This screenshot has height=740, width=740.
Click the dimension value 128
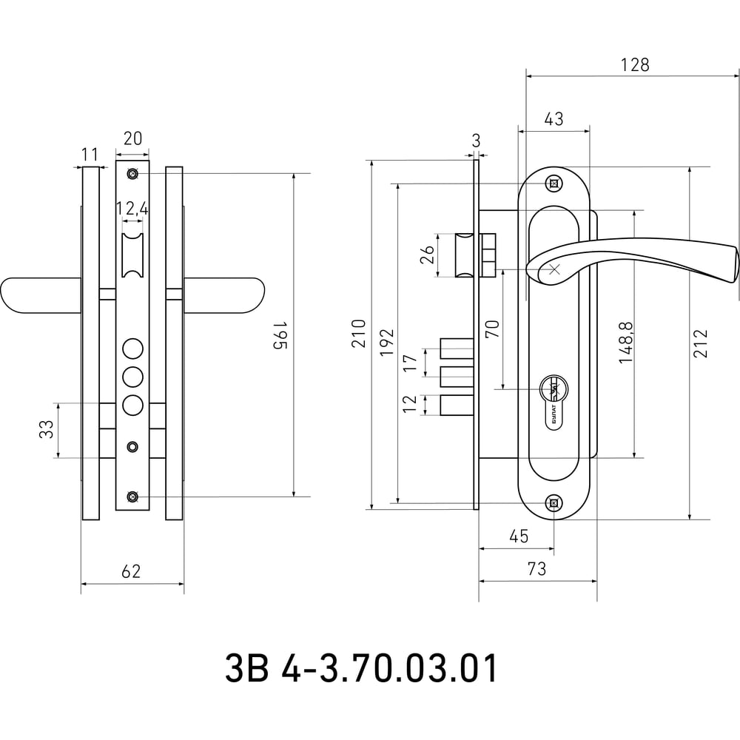(x=635, y=64)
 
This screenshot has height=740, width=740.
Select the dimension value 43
(x=554, y=118)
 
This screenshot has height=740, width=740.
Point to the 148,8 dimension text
(x=626, y=343)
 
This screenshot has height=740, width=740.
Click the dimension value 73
(x=537, y=568)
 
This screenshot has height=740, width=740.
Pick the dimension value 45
(x=519, y=536)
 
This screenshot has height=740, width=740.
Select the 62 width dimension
(x=131, y=571)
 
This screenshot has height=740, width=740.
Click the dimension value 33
(x=47, y=429)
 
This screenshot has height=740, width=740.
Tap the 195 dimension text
(x=280, y=335)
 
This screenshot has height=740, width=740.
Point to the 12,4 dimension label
(x=132, y=208)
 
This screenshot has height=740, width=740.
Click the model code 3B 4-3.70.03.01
(x=361, y=667)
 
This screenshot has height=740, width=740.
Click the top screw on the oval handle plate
(x=554, y=184)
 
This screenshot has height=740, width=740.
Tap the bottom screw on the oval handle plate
(x=554, y=503)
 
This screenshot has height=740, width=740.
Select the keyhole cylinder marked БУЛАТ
(x=554, y=401)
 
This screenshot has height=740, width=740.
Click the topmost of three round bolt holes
(x=132, y=349)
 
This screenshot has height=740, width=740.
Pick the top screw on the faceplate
(x=132, y=174)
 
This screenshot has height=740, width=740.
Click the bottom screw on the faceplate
(x=132, y=497)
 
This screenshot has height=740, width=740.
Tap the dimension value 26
(x=427, y=255)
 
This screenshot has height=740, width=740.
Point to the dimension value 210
(x=359, y=334)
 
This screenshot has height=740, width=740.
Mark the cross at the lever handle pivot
(x=554, y=270)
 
